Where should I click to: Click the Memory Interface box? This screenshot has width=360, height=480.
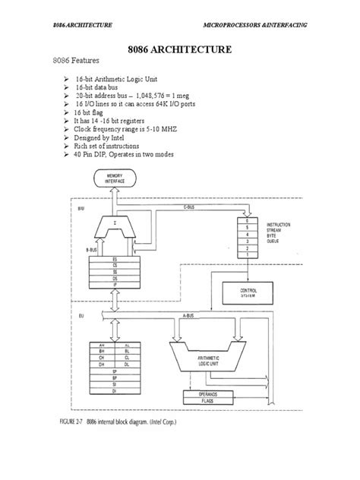coord(113,179)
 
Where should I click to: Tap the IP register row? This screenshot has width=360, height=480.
coord(114,287)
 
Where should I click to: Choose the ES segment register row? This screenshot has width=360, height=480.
coord(114,258)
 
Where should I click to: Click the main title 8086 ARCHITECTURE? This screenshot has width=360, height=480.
coord(179,52)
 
